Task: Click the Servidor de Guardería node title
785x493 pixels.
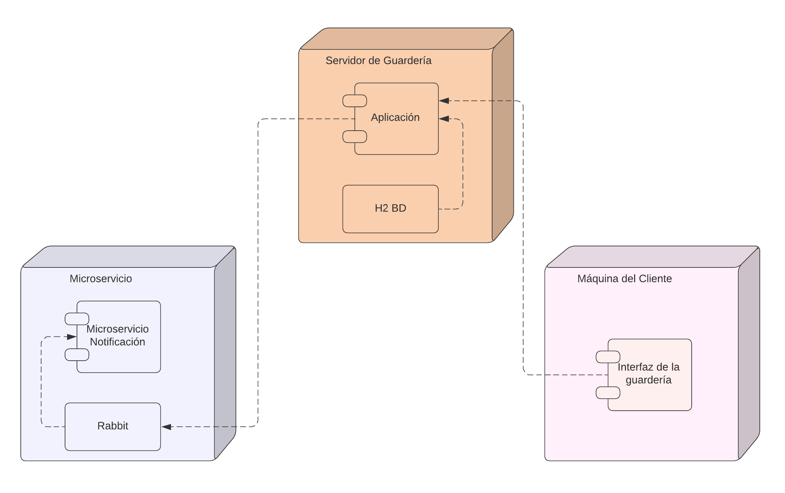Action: tap(378, 61)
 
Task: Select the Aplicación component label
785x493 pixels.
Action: tap(395, 117)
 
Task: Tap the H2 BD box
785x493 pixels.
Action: tap(390, 208)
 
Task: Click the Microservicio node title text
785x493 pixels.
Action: tap(100, 279)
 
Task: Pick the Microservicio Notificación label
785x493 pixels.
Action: tap(117, 335)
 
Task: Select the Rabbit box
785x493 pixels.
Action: tap(113, 426)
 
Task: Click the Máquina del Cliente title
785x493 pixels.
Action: tap(624, 279)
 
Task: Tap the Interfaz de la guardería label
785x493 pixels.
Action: tap(648, 373)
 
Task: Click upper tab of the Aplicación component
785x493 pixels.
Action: tap(354, 101)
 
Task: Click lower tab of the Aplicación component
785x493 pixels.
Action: tap(354, 137)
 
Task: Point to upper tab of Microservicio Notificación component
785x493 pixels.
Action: tap(77, 319)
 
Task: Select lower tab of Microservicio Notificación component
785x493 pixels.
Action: tap(77, 355)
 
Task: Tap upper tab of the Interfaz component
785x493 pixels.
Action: tap(608, 357)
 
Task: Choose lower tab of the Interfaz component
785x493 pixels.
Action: tap(608, 393)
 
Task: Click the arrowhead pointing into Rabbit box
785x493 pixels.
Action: tap(167, 427)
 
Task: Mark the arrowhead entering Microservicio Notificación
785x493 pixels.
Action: tap(72, 337)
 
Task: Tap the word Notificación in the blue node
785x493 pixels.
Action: tap(117, 342)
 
